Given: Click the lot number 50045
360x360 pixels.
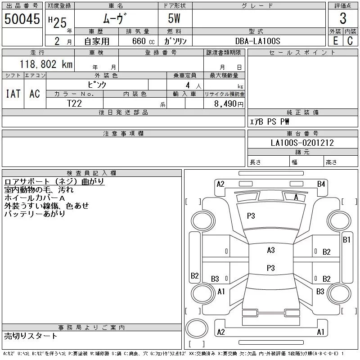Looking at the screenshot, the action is coord(22,18).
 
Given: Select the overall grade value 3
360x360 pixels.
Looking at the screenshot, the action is coord(343,18).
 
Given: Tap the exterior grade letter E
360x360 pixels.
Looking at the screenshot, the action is coord(335,41).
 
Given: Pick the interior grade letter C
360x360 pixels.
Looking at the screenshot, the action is coord(350,41).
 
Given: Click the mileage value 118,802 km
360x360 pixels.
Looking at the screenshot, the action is coord(46,64).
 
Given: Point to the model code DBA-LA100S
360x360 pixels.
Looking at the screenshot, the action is coord(257,41).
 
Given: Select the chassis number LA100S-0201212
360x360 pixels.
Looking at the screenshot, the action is coord(302,143).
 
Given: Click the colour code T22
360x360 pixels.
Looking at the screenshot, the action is coord(74,103).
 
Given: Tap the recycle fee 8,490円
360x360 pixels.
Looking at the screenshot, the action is coord(229,104).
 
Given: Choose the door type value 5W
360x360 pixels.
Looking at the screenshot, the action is coord(174,18).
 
